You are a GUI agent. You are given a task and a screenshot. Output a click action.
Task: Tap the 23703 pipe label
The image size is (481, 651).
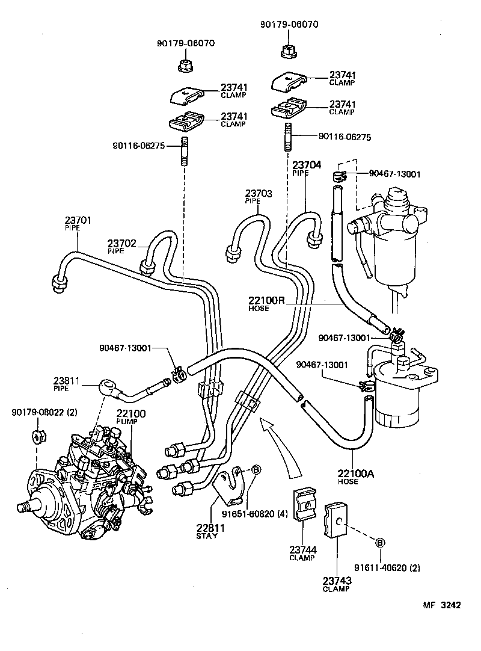click(x=259, y=194)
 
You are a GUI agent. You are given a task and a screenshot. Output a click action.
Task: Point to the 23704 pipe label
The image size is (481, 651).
click(x=307, y=165)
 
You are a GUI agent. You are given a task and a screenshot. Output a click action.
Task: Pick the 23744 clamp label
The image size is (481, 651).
click(x=301, y=550)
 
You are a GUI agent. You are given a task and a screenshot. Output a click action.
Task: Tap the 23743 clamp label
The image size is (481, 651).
click(x=337, y=581)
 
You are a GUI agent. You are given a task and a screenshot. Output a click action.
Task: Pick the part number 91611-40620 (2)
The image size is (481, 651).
click(x=395, y=566)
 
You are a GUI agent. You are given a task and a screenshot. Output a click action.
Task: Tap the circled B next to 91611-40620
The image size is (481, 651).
click(x=379, y=543)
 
